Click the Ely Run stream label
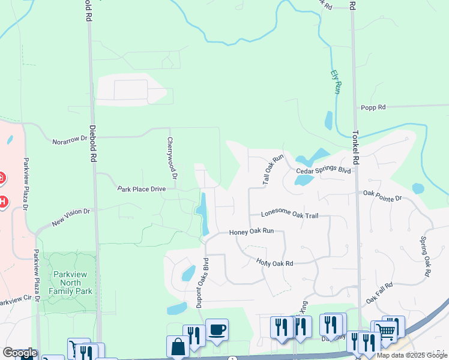pyautogui.click(x=336, y=82)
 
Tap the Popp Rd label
pyautogui.click(x=373, y=107)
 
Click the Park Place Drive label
pyautogui.click(x=141, y=189)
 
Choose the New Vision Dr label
pyautogui.click(x=70, y=217)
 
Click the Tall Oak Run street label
pyautogui.click(x=273, y=170)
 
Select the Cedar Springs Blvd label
pyautogui.click(x=323, y=170)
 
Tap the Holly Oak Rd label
pyautogui.click(x=274, y=263)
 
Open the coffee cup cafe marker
pyautogui.click(x=217, y=329)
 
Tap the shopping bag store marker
pyautogui.click(x=178, y=346)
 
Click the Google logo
pyautogui.click(x=20, y=353)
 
